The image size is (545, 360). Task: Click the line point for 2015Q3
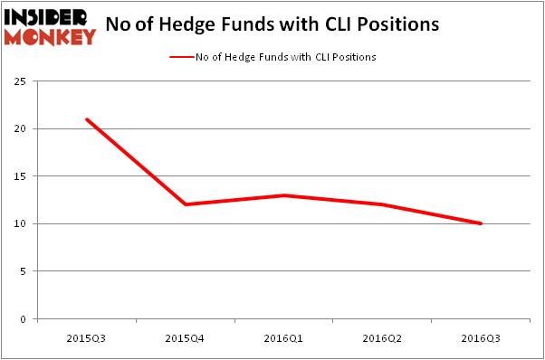[x=86, y=119]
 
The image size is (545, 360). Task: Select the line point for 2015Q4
[x=185, y=204]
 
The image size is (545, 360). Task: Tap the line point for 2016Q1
[x=283, y=195]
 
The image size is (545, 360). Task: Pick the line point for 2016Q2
[x=382, y=204]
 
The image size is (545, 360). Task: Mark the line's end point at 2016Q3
[x=481, y=223]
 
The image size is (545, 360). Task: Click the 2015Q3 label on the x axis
[x=86, y=336]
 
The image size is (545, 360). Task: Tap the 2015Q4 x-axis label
[x=185, y=336]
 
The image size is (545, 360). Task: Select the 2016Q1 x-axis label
[x=283, y=336]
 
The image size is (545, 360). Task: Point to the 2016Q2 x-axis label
[x=382, y=336]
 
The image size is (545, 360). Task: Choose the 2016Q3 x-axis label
[x=481, y=336]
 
